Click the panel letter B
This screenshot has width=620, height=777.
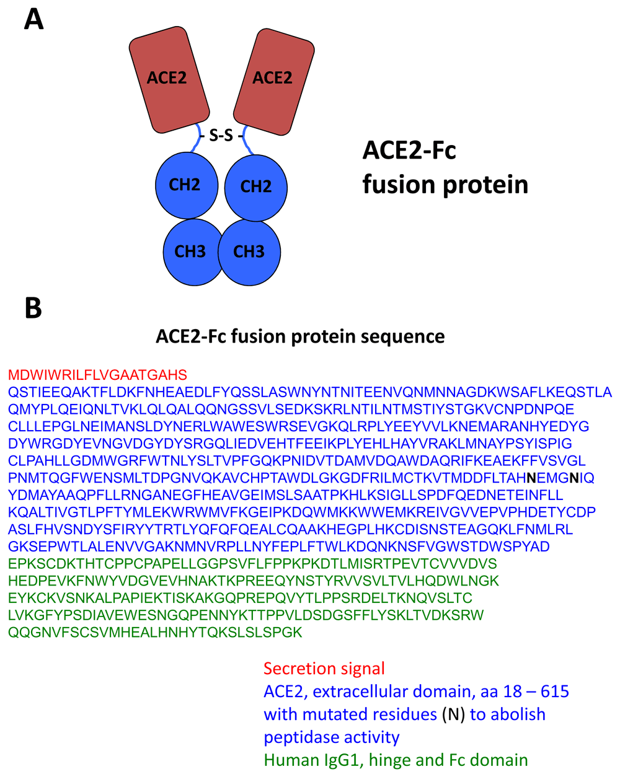(33, 308)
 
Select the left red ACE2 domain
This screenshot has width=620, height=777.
(168, 79)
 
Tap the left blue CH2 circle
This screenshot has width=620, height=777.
(185, 185)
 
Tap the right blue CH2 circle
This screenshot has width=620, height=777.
(255, 187)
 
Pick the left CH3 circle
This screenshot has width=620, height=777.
(190, 252)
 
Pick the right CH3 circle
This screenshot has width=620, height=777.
(249, 252)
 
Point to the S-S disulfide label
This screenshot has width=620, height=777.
(221, 134)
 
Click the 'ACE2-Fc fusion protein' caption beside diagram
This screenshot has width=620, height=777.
(445, 167)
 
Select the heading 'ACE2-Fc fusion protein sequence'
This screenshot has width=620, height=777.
(300, 336)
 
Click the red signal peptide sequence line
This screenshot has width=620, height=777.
(97, 375)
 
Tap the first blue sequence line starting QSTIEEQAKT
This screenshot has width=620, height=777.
(309, 392)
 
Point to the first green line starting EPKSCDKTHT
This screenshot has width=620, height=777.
(252, 564)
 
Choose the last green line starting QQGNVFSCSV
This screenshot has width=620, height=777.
(155, 633)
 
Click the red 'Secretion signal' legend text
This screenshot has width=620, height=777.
(324, 669)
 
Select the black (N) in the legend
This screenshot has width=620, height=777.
(453, 714)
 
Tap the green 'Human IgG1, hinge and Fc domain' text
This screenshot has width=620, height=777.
(396, 760)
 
